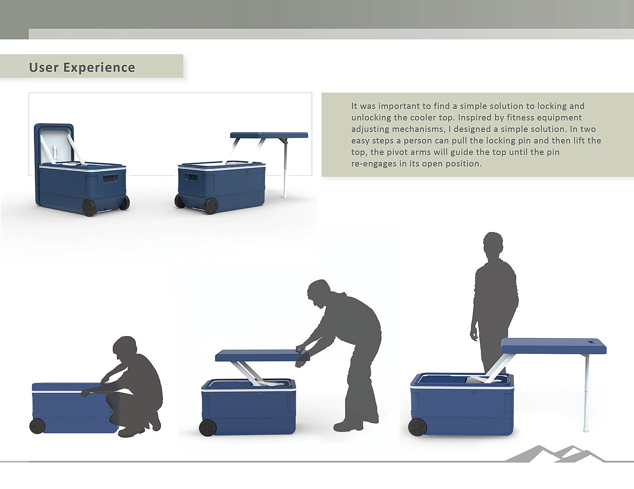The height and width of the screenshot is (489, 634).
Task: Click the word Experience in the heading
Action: click(99, 67)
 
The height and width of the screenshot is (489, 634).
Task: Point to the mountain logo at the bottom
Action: click(554, 454)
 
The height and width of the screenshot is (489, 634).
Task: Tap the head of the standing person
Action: click(493, 244)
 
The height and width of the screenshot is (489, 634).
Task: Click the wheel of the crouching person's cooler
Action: click(37, 426)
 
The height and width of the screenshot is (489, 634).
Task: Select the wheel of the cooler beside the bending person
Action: click(208, 428)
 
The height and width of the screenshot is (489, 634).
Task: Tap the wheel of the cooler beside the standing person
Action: click(417, 427)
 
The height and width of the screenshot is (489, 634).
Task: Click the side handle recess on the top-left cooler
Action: click(110, 178)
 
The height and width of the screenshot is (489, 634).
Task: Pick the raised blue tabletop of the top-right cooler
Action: click(269, 135)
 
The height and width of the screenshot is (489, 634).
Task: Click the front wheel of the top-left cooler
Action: click(89, 208)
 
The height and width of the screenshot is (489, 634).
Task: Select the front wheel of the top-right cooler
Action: click(211, 206)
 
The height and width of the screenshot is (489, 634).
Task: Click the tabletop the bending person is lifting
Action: click(262, 356)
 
